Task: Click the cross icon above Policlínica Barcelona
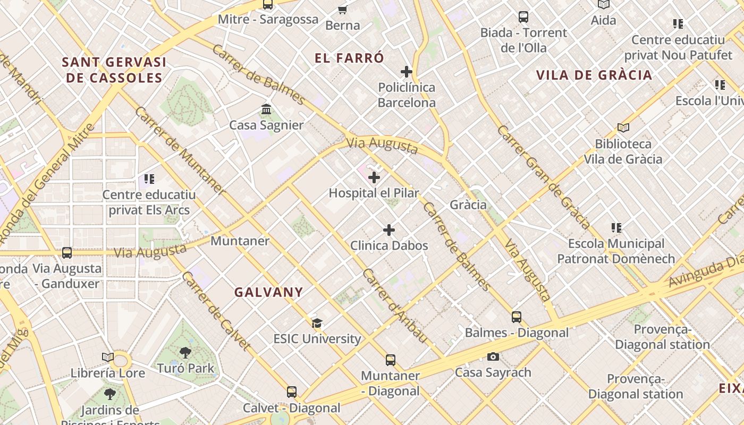[407, 72]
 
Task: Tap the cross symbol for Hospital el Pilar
[374, 177]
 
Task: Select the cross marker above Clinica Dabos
[389, 230]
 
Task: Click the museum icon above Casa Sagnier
[266, 109]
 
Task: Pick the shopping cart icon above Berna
[343, 10]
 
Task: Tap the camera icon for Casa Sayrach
[493, 356]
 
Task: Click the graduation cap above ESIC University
[317, 323]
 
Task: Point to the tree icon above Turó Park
[185, 352]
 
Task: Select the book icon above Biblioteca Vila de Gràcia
[623, 128]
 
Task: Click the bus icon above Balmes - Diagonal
[517, 317]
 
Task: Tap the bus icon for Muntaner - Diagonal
[391, 360]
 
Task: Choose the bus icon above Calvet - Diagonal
[292, 392]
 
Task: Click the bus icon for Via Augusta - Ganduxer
[67, 253]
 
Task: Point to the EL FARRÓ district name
[349, 58]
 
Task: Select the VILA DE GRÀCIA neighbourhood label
[594, 75]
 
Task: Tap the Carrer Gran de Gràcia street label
[543, 177]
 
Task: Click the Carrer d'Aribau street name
[395, 306]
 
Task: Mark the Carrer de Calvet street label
[216, 311]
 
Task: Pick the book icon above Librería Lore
[108, 358]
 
